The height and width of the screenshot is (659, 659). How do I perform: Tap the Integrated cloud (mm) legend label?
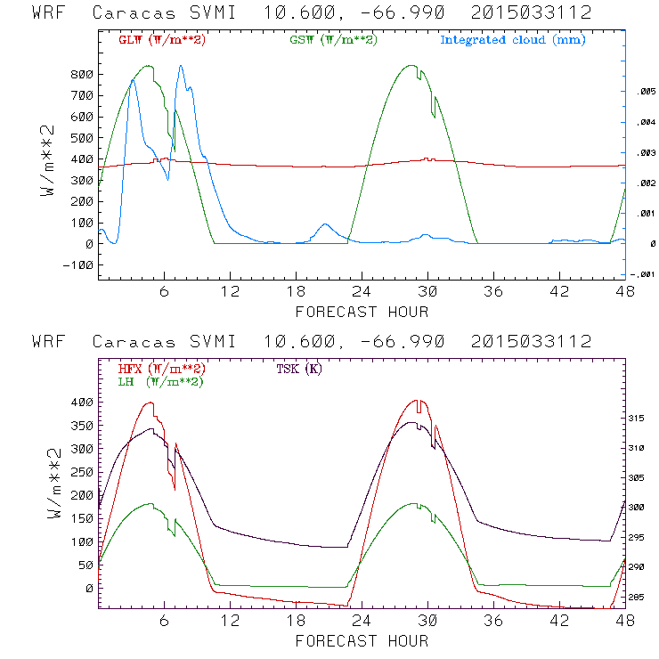coord(513,40)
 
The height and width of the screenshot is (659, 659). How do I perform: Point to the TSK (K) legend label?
coord(298,369)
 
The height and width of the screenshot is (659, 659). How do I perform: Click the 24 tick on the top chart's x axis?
coord(362,291)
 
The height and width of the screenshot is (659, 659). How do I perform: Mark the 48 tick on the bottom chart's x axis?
coord(625,621)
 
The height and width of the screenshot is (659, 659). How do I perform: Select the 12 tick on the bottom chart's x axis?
coord(231,621)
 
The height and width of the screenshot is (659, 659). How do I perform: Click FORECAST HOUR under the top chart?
coord(362,312)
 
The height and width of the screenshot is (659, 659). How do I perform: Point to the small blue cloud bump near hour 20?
coord(325,225)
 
